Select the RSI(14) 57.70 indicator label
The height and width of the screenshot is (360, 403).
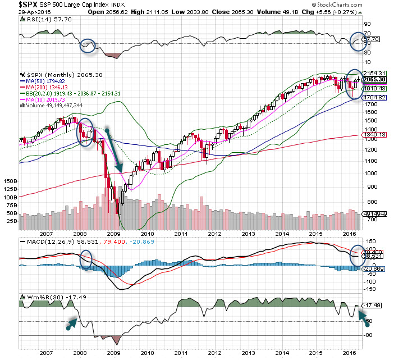pos(42,19)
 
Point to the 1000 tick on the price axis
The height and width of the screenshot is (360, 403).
pos(372,172)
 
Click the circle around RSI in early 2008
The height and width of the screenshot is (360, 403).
pos(88,45)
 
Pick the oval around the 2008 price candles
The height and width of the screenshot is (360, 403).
pos(85,133)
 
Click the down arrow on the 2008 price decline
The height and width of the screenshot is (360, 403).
pos(113,150)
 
